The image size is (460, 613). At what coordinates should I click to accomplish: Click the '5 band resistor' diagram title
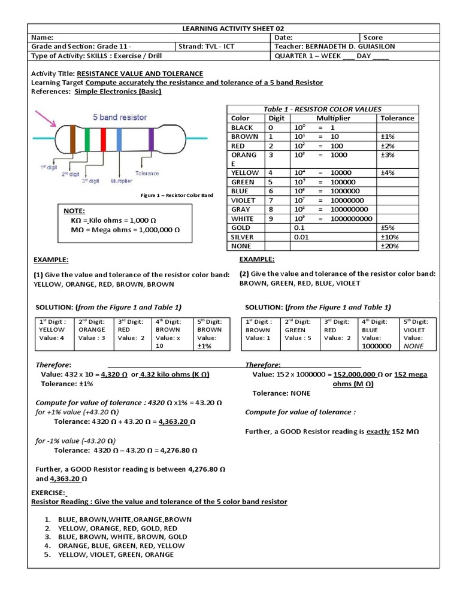click(119, 117)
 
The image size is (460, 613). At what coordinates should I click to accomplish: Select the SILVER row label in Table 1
click(242, 237)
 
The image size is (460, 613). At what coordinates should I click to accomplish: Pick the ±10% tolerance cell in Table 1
click(389, 237)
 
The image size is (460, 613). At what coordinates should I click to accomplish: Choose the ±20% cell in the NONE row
click(389, 246)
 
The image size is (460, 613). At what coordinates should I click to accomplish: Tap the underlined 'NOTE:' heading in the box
click(74, 211)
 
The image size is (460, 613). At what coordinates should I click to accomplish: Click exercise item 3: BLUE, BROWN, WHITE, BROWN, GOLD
click(123, 537)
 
